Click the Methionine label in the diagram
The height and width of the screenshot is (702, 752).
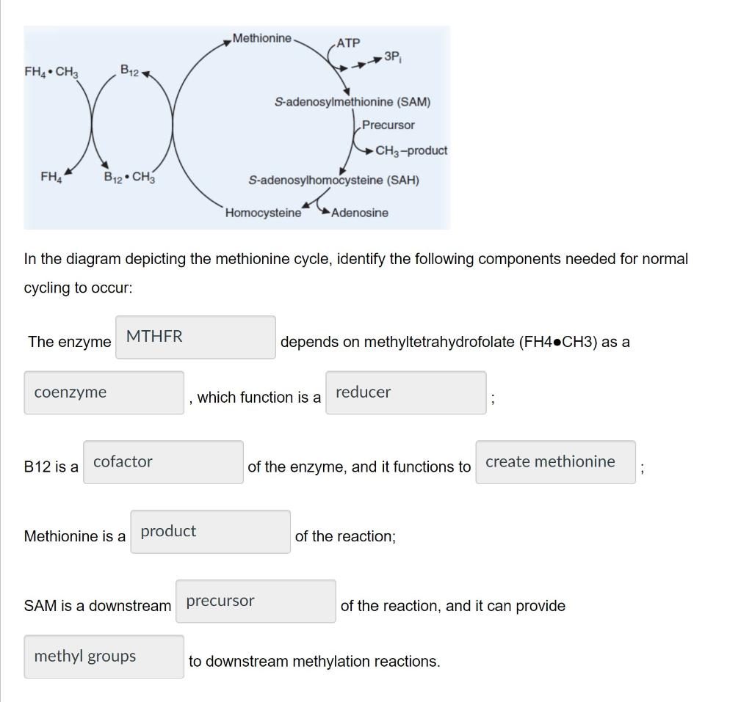click(262, 38)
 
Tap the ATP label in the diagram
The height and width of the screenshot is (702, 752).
click(348, 43)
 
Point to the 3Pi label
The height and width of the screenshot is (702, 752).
click(392, 56)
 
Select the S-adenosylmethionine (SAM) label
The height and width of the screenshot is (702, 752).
click(352, 102)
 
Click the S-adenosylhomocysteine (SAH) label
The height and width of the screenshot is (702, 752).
click(334, 180)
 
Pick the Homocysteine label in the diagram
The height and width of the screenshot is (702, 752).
click(263, 213)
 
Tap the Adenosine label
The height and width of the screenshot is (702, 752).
click(360, 213)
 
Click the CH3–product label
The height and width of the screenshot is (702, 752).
click(411, 150)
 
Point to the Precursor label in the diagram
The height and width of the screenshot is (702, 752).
click(388, 125)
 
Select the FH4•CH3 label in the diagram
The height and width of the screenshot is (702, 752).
click(51, 72)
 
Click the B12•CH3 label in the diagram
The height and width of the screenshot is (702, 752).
click(129, 178)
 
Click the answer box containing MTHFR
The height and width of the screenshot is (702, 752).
click(195, 337)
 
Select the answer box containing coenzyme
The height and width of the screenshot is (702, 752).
click(104, 392)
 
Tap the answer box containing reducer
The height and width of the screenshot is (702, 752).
click(405, 392)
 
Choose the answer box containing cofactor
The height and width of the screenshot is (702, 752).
click(163, 462)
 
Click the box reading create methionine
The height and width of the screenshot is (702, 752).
click(555, 462)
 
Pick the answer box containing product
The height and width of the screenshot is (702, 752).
click(210, 532)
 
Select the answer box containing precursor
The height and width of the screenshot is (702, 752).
click(256, 602)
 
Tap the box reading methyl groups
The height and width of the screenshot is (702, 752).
click(104, 657)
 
